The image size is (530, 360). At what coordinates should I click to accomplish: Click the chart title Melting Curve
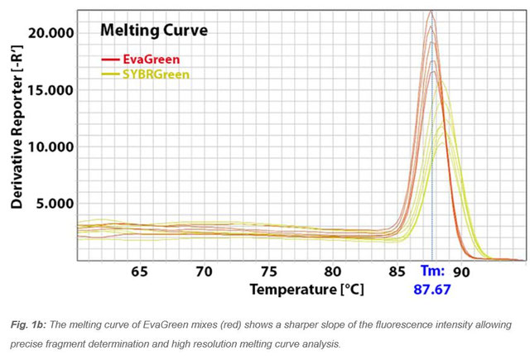(x=153, y=31)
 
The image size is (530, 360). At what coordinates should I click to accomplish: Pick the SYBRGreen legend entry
(x=156, y=74)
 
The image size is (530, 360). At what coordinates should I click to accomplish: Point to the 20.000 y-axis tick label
(x=51, y=33)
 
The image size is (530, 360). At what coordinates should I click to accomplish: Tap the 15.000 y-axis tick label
(x=51, y=90)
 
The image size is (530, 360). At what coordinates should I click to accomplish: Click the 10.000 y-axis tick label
(x=51, y=146)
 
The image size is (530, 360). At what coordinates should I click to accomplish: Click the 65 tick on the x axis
(x=139, y=272)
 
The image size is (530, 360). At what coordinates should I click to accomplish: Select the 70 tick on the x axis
(x=204, y=272)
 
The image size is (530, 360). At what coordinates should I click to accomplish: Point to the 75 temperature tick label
(x=268, y=272)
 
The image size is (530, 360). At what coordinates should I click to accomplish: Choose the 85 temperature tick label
(x=397, y=272)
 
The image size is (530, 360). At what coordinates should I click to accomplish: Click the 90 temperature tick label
(x=461, y=272)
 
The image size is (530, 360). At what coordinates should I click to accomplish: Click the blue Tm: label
(x=432, y=271)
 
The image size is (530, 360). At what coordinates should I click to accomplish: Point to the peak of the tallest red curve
(x=431, y=12)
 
